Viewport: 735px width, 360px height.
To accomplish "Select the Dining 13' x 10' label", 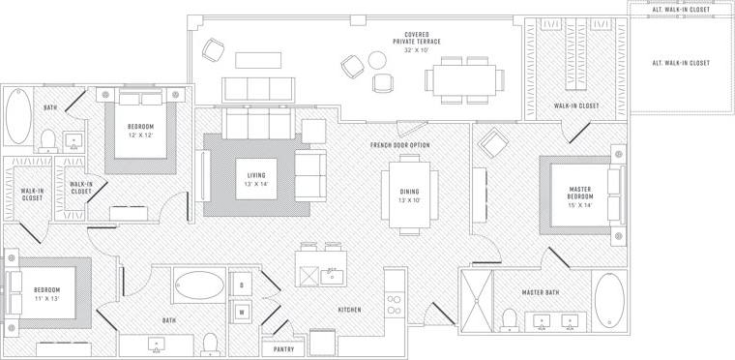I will coord(409,196).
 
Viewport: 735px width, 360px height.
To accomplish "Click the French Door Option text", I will coord(399,145).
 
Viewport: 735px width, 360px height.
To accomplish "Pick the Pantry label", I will coord(283,348).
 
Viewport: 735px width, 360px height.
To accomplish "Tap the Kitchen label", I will coord(350,311).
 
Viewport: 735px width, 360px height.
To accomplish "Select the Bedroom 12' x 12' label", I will coord(140,132).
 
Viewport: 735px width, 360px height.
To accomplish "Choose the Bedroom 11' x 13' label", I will coord(47,295).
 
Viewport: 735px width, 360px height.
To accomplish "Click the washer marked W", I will coord(241,311).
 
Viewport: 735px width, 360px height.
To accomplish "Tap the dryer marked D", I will coord(241,285).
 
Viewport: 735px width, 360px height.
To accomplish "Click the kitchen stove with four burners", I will coord(395,306).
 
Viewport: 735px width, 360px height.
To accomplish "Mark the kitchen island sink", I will coord(334,276).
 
